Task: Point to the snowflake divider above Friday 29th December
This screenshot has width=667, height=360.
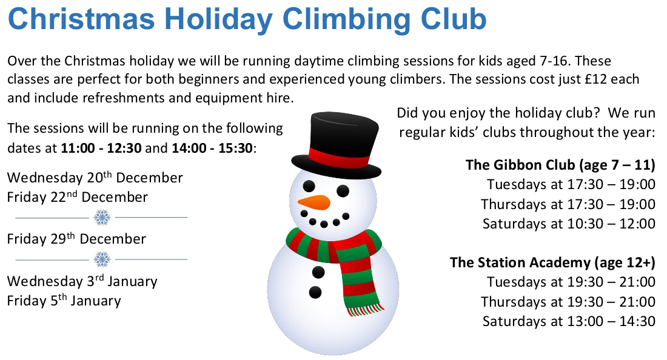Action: click(102, 217)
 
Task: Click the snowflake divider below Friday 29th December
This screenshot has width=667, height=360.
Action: click(102, 259)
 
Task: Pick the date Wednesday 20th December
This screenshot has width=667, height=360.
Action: click(95, 178)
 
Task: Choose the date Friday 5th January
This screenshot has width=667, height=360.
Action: click(64, 301)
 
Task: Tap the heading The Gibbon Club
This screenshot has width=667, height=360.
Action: click(560, 165)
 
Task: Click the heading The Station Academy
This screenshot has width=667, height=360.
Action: click(552, 262)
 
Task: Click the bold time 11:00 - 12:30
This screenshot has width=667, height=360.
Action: click(95, 148)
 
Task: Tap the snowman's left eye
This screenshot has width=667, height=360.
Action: click(309, 185)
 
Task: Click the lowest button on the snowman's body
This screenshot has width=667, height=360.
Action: click(315, 293)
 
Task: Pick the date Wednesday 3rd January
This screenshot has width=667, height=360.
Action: click(82, 282)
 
